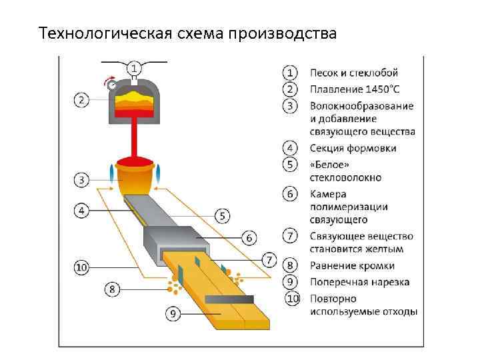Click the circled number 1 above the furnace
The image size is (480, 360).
(x=134, y=69)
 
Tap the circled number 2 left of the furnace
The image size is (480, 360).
(x=81, y=100)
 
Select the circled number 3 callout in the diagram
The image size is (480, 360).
(x=81, y=180)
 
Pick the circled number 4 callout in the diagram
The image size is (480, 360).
(x=81, y=211)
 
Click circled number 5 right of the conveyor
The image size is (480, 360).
(x=223, y=215)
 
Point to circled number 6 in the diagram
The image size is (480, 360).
(x=249, y=237)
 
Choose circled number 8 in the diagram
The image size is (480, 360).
(x=113, y=289)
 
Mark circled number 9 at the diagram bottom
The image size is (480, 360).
(x=172, y=313)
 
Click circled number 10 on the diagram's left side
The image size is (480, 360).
(x=81, y=267)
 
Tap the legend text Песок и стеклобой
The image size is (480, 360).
(x=353, y=73)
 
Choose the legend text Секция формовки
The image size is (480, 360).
(x=353, y=148)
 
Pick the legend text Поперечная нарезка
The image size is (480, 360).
(x=359, y=282)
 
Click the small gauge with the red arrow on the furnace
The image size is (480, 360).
(x=112, y=85)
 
